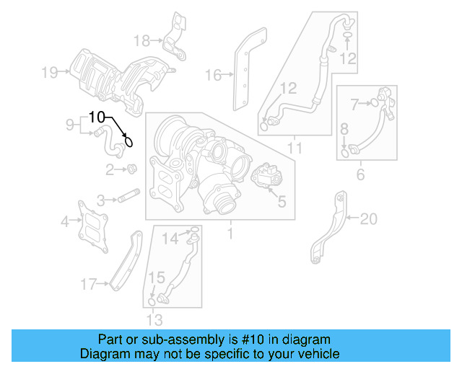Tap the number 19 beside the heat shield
tap(49, 72)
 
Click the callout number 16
tap(212, 74)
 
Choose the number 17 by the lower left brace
tap(88, 285)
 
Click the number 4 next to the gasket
tap(65, 221)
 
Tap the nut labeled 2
tap(132, 169)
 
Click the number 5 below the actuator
tap(282, 202)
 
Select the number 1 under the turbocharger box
tap(230, 234)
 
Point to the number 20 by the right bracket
tap(369, 218)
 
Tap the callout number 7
tap(354, 104)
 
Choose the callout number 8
tap(344, 129)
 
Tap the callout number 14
tap(168, 239)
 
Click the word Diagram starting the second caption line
tap(104, 354)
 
